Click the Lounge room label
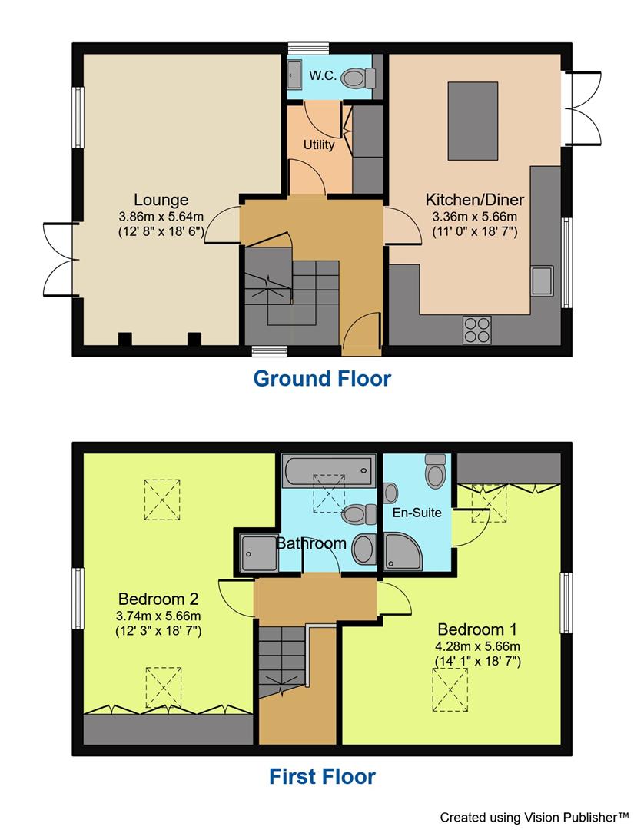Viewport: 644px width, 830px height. pos(161,201)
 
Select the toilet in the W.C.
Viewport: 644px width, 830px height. pos(357,77)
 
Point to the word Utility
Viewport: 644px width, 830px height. pos(318,144)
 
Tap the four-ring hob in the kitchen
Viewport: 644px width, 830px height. pos(477,330)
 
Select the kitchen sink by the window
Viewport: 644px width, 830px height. pos(543,280)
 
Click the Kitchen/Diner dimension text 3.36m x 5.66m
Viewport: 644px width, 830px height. pos(475,216)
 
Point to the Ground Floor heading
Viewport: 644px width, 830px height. pos(322,379)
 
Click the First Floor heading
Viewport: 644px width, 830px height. pos(322,777)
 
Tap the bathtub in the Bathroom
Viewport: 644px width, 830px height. pos(328,470)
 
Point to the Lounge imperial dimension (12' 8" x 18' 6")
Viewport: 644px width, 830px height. pos(161,231)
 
